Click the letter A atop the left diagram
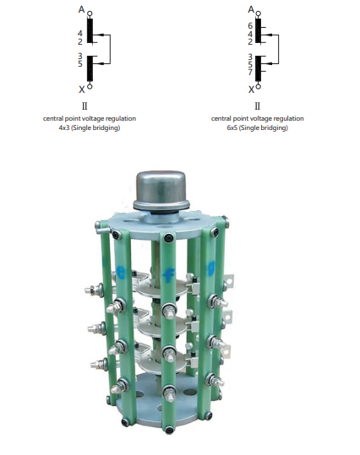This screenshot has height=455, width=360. pyautogui.click(x=81, y=9)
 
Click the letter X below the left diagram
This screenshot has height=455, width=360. pyautogui.click(x=82, y=89)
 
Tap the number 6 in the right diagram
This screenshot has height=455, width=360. pyautogui.click(x=250, y=25)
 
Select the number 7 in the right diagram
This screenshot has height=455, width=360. pyautogui.click(x=250, y=72)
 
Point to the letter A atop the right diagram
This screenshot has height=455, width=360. pyautogui.click(x=251, y=9)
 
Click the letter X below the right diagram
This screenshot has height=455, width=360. pyautogui.click(x=251, y=89)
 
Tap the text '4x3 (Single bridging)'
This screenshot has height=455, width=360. pyautogui.click(x=90, y=127)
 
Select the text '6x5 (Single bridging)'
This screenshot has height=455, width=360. pyautogui.click(x=258, y=127)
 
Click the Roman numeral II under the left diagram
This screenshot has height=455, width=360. pyautogui.click(x=85, y=106)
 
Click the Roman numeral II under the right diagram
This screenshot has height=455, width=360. pyautogui.click(x=258, y=106)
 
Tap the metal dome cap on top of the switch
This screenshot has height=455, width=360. pyautogui.click(x=161, y=191)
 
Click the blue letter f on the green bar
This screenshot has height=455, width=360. pyautogui.click(x=168, y=274)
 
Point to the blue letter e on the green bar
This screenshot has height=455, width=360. pyautogui.click(x=120, y=272)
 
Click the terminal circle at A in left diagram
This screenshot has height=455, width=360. pyautogui.click(x=90, y=14)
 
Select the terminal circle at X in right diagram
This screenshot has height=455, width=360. pyautogui.click(x=259, y=86)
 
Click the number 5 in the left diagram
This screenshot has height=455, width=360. pyautogui.click(x=80, y=64)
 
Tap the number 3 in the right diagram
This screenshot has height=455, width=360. pyautogui.click(x=250, y=57)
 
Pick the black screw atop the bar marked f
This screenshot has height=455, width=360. pyautogui.click(x=168, y=238)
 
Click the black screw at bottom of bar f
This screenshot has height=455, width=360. pyautogui.click(x=169, y=430)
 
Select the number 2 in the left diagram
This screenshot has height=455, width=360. pyautogui.click(x=80, y=42)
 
